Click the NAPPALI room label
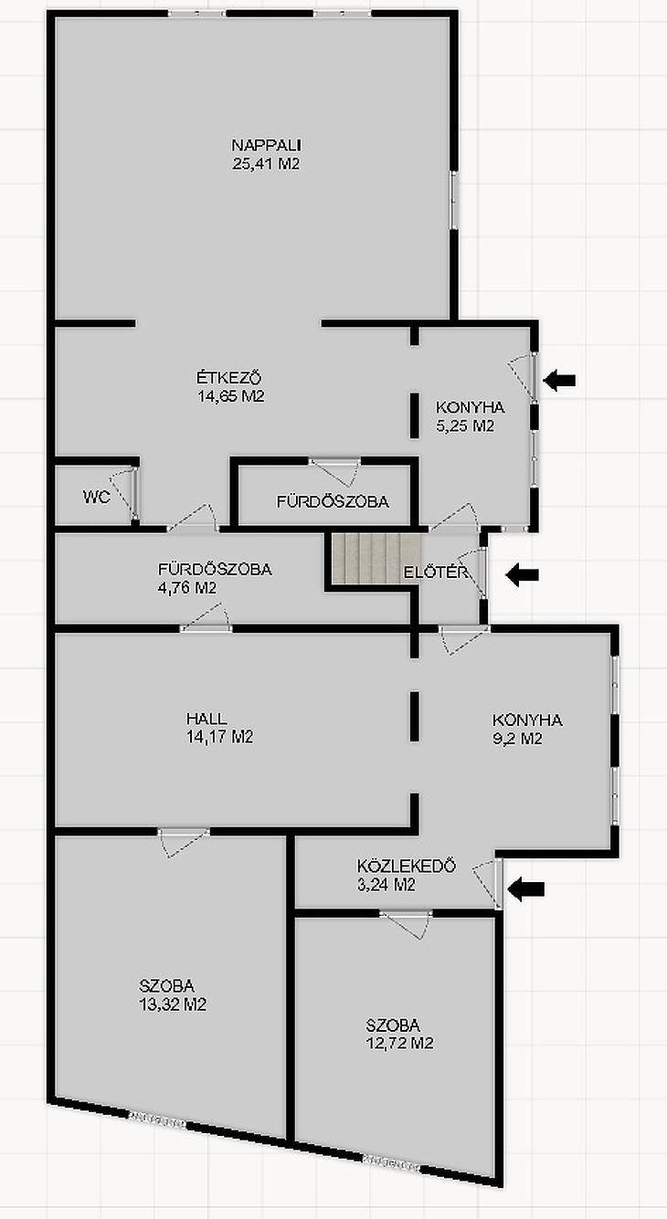(267, 145)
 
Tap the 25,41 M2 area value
(266, 163)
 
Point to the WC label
(97, 497)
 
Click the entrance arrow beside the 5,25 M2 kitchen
(560, 380)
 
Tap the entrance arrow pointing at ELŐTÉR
(523, 574)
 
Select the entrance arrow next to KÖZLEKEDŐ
(526, 888)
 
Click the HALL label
(206, 719)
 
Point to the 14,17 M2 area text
(220, 737)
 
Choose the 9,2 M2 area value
(517, 739)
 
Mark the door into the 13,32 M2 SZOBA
(184, 1006)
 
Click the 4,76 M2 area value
(187, 588)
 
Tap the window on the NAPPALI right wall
(453, 200)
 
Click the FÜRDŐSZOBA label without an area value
(333, 501)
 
